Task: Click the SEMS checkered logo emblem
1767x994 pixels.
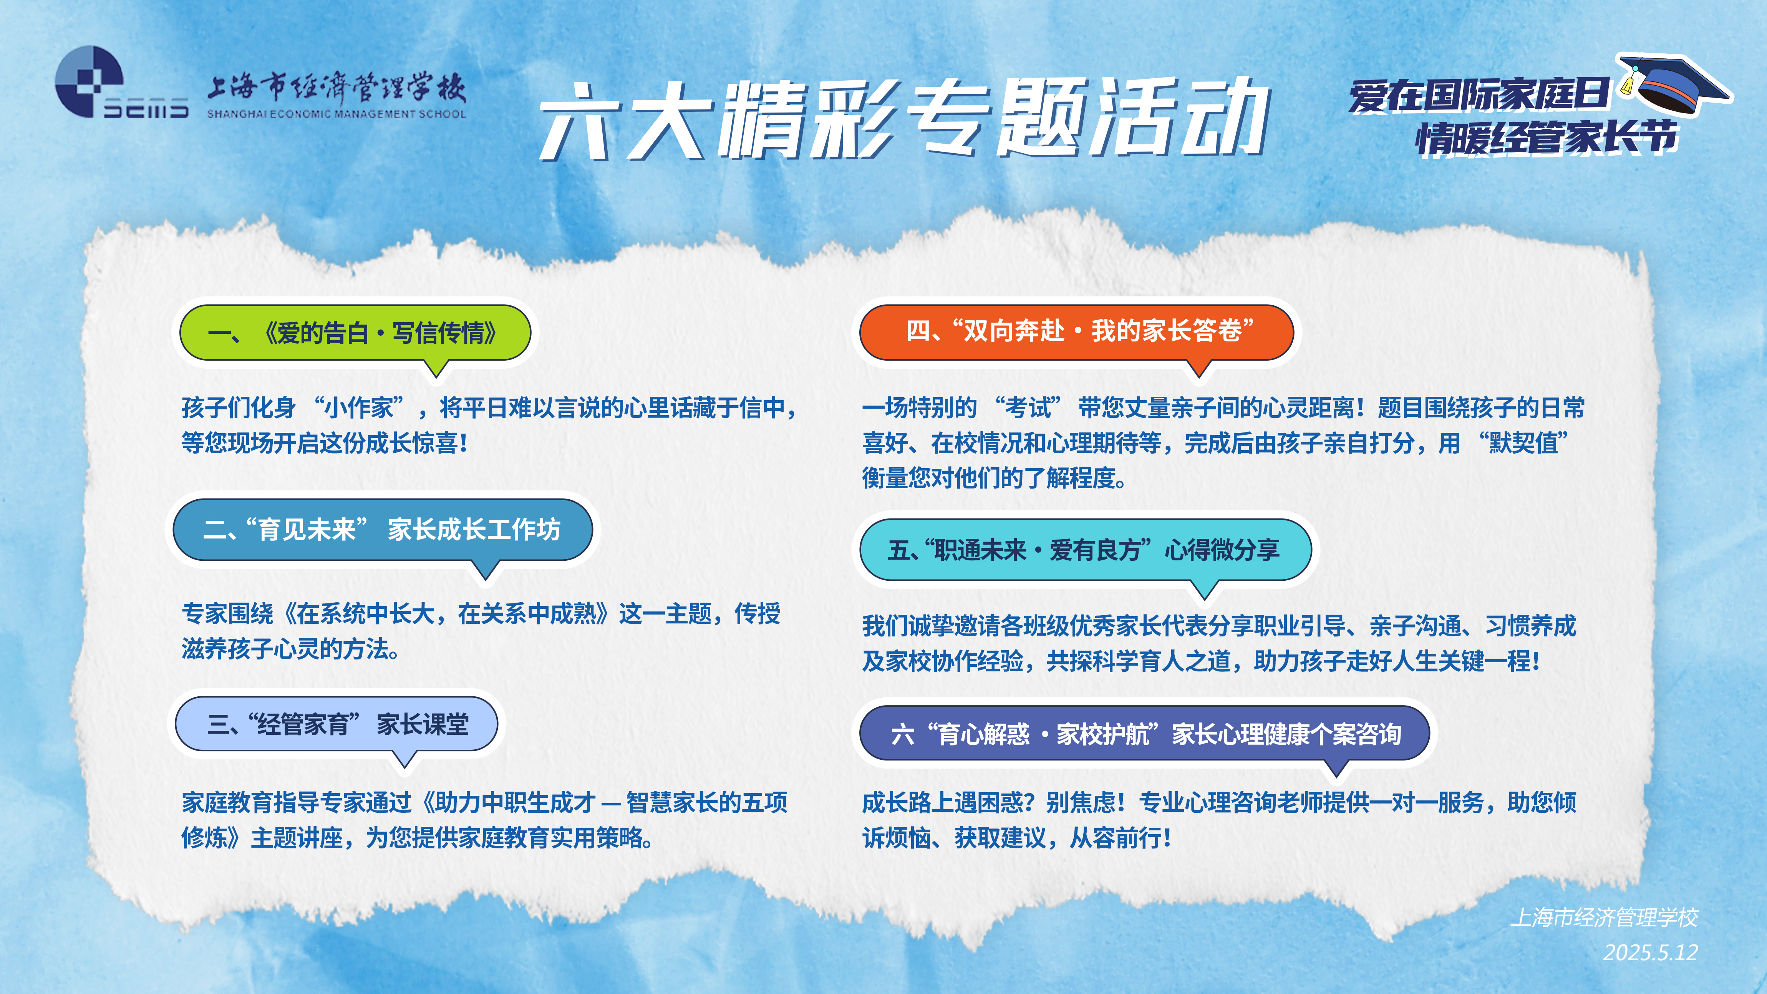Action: [89, 81]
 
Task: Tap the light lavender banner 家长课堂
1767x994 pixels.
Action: [336, 724]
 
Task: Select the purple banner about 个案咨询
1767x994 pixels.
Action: [1144, 733]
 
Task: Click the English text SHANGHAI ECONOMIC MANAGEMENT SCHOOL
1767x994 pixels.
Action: [336, 114]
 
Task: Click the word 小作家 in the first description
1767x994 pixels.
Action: [360, 408]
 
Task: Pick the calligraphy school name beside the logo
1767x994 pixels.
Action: [336, 88]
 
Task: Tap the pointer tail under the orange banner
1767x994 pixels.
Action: [1199, 368]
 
